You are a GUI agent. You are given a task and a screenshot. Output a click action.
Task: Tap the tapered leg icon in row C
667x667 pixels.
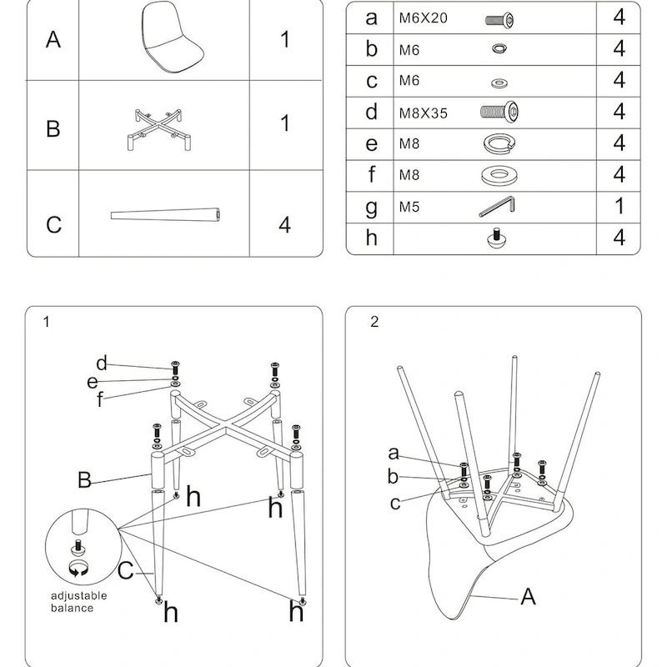[x=168, y=215]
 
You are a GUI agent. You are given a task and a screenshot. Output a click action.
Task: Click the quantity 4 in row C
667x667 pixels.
[x=284, y=224]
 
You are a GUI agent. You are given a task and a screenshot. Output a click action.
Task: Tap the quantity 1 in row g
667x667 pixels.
[x=619, y=206]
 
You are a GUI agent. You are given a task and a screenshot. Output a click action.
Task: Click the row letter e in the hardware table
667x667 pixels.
[x=372, y=143]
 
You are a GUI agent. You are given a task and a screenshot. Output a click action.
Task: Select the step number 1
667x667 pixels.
[x=47, y=321]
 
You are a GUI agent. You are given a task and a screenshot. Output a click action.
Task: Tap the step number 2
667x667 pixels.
[x=374, y=322]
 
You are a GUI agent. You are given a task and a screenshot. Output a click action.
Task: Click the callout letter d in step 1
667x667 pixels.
[x=102, y=363]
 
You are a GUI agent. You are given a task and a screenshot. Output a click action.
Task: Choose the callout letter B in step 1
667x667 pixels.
[x=84, y=479]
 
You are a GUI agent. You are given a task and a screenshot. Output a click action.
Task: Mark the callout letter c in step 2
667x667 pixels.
[x=395, y=503]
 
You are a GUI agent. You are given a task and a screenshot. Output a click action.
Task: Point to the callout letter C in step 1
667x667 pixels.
[x=126, y=571]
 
